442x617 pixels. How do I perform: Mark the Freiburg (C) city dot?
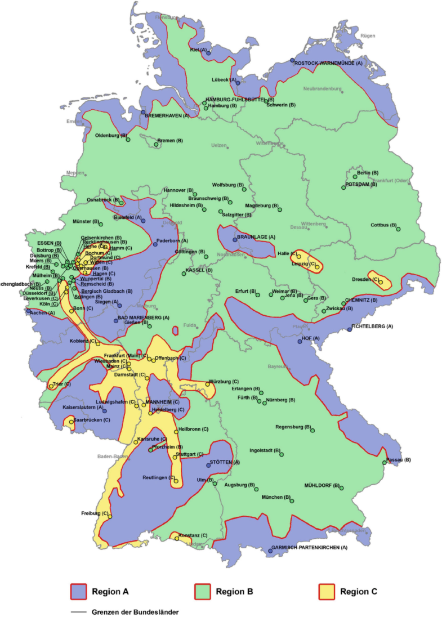[x=110, y=516]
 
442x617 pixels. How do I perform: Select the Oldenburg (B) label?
[x=110, y=135]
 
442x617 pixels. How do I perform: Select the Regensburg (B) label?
[x=293, y=427]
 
